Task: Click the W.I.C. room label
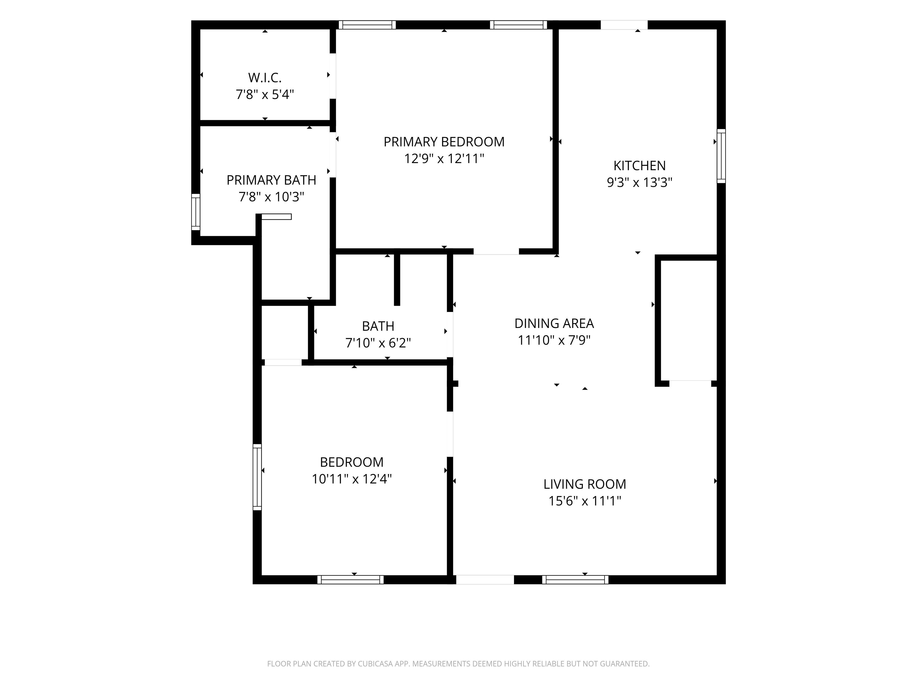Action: (265, 78)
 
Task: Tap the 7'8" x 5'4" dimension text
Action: (265, 95)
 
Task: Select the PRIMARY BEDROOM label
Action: (444, 142)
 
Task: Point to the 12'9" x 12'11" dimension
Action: (444, 159)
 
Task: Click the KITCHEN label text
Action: (640, 166)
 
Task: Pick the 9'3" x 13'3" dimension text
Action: (640, 182)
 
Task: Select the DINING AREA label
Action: (554, 324)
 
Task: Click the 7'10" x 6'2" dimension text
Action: (378, 343)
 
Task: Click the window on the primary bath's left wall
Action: (196, 212)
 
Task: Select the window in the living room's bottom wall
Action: (575, 580)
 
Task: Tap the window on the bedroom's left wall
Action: (257, 477)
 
